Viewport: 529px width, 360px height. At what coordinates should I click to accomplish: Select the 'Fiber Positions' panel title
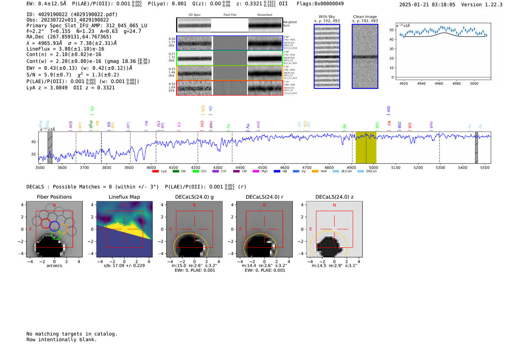tap(54, 197)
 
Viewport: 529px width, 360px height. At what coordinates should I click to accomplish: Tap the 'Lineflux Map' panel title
tap(124, 197)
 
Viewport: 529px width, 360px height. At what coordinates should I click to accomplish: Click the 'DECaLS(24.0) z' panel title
tap(334, 197)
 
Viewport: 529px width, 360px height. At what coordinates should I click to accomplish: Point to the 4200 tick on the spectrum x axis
tap(195, 168)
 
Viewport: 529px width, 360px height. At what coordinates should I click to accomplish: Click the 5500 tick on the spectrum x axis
tap(485, 168)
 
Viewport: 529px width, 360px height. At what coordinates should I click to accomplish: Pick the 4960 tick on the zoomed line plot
tap(439, 83)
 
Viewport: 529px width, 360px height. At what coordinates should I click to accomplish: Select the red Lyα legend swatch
tap(155, 172)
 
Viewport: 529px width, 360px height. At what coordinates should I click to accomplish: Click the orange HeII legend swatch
tap(315, 172)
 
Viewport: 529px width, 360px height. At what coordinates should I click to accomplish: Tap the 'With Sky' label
tap(327, 17)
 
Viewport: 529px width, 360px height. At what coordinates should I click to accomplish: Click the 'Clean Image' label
tap(365, 17)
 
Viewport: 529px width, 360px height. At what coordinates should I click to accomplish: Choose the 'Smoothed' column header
tap(264, 15)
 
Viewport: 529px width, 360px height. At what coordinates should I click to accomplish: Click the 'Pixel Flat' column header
tap(230, 15)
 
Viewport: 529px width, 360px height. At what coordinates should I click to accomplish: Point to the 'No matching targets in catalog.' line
tap(72, 334)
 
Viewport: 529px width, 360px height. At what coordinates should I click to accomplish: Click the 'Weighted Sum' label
tap(290, 24)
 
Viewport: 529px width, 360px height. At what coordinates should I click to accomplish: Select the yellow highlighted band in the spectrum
tap(366, 147)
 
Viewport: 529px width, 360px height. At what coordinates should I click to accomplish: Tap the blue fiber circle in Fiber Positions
tap(54, 226)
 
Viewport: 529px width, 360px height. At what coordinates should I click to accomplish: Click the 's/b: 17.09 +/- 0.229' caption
tap(124, 266)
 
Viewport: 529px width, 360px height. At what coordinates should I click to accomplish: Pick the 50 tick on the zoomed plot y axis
tap(391, 30)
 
